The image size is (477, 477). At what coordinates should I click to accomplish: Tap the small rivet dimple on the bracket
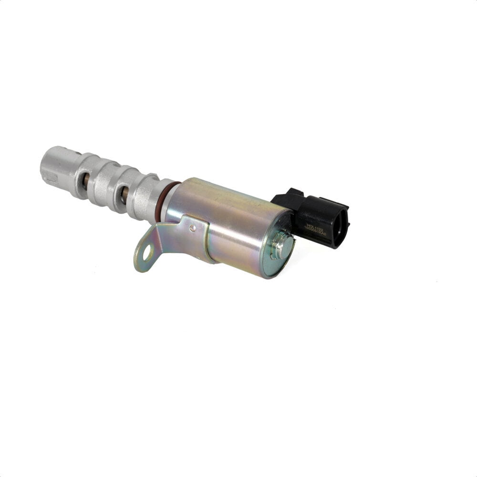pos(192,228)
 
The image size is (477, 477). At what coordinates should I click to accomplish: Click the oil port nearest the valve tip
pos(85,180)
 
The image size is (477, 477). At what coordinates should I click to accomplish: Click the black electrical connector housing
pos(315,217)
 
